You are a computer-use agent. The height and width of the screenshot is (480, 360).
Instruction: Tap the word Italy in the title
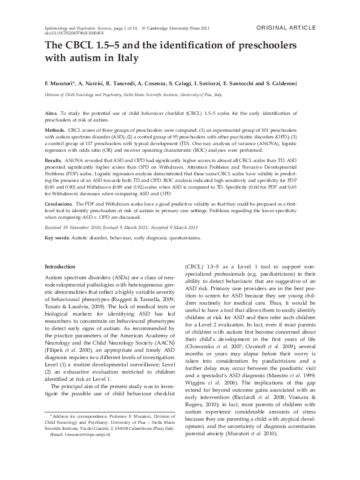click(126, 59)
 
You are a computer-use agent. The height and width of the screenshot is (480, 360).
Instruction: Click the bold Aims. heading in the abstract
click(51, 114)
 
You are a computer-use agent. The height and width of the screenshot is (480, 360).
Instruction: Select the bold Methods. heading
click(56, 131)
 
